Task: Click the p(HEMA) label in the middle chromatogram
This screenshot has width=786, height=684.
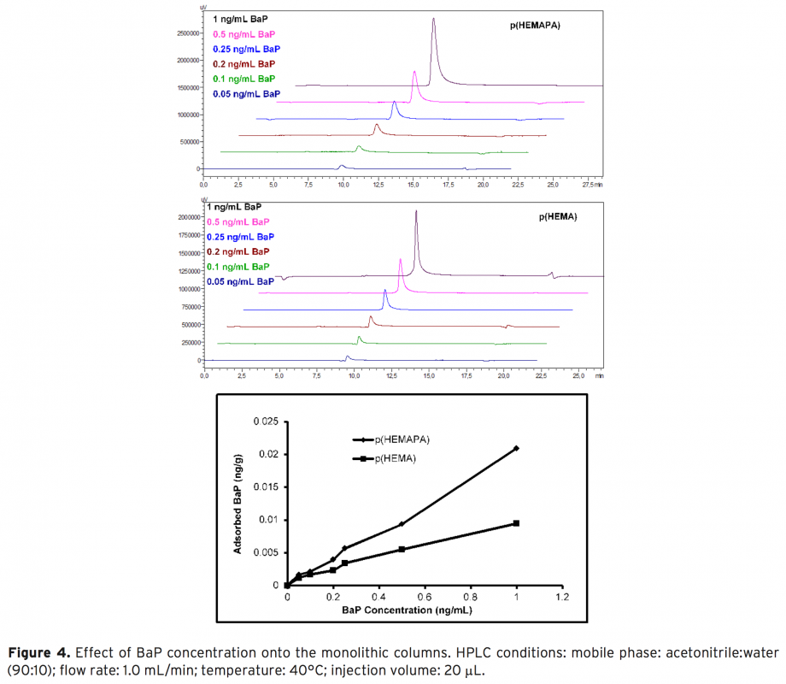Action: click(558, 217)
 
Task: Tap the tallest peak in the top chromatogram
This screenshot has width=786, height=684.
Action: click(433, 20)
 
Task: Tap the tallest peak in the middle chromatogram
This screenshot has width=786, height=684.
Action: click(416, 211)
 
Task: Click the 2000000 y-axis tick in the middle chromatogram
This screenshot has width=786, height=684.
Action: click(186, 217)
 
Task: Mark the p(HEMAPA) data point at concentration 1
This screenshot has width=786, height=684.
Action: click(516, 448)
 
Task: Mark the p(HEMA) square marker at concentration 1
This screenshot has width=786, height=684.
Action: click(516, 523)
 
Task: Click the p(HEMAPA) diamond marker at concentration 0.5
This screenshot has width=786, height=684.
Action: click(402, 524)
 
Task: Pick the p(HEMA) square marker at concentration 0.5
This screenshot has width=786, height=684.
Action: click(402, 549)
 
